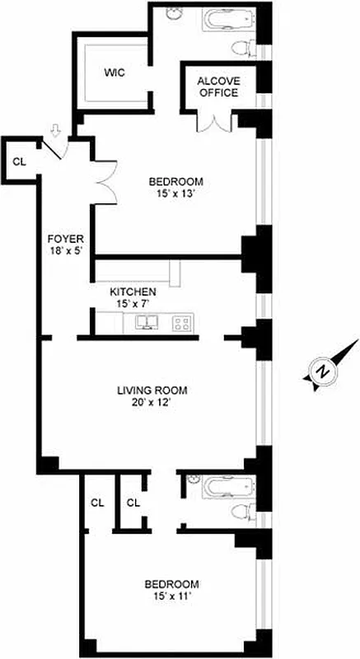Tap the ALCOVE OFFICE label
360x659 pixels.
[x=217, y=86]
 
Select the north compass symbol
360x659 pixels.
[x=325, y=371]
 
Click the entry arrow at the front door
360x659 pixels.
[x=55, y=131]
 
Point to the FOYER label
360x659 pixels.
[x=66, y=240]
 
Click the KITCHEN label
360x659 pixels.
[x=133, y=291]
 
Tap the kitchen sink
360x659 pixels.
[x=147, y=322]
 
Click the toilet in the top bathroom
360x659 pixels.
[x=240, y=48]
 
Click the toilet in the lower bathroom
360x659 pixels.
[x=242, y=512]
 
